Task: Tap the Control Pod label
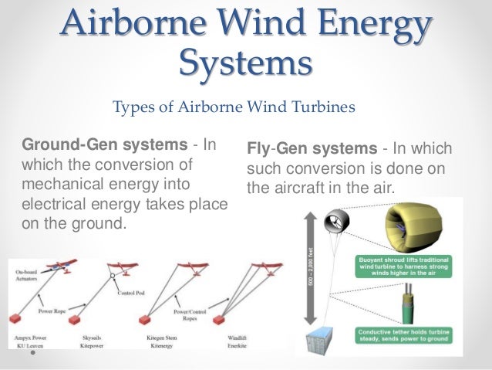pyautogui.click(x=132, y=293)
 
